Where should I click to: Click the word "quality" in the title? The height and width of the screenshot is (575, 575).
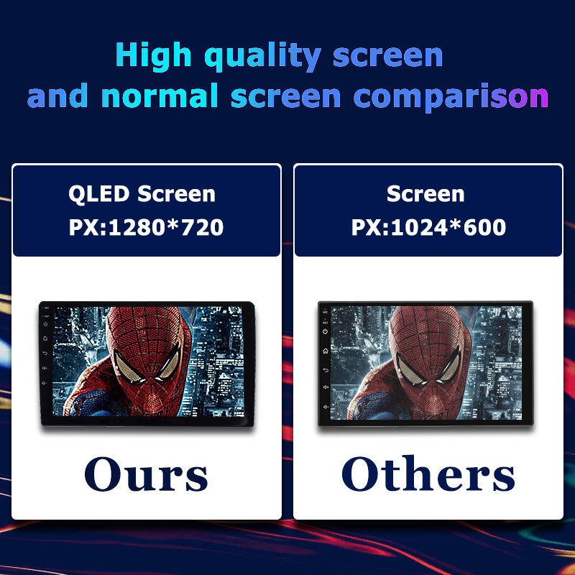point(262,56)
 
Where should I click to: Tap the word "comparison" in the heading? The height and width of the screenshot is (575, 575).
point(451,96)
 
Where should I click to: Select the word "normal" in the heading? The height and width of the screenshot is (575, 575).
point(160,96)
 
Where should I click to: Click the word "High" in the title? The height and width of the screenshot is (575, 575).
point(153,56)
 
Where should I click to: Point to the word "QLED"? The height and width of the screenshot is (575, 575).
point(99,193)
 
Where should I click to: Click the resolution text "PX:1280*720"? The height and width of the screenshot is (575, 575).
point(146,227)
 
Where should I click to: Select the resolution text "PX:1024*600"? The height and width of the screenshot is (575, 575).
point(428,227)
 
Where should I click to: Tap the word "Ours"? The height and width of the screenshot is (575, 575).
point(146,474)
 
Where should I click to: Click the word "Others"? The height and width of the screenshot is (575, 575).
point(428,474)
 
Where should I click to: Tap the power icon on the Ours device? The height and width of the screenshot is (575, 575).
point(45,324)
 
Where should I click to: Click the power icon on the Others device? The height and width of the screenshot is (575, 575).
point(326,331)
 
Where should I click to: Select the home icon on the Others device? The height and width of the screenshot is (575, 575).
point(326,351)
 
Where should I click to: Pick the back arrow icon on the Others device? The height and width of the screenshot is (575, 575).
point(326,370)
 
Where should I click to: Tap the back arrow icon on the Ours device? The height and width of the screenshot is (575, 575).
point(45,353)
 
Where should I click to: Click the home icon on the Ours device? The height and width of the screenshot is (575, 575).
point(45,339)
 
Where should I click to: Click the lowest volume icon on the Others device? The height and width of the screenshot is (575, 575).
point(326,407)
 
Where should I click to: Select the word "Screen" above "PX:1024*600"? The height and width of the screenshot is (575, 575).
point(425,193)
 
